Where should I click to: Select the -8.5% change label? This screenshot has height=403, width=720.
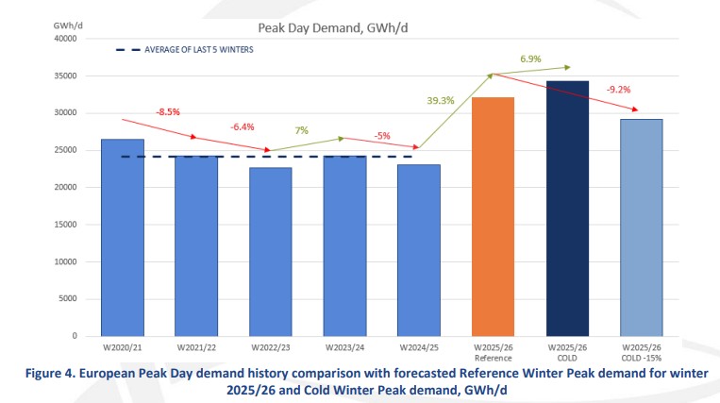[x=167, y=111]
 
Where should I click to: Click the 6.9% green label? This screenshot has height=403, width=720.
[x=530, y=59]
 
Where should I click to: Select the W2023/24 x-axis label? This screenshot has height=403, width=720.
[x=344, y=348]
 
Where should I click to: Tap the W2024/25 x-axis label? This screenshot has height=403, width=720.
[x=419, y=348]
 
